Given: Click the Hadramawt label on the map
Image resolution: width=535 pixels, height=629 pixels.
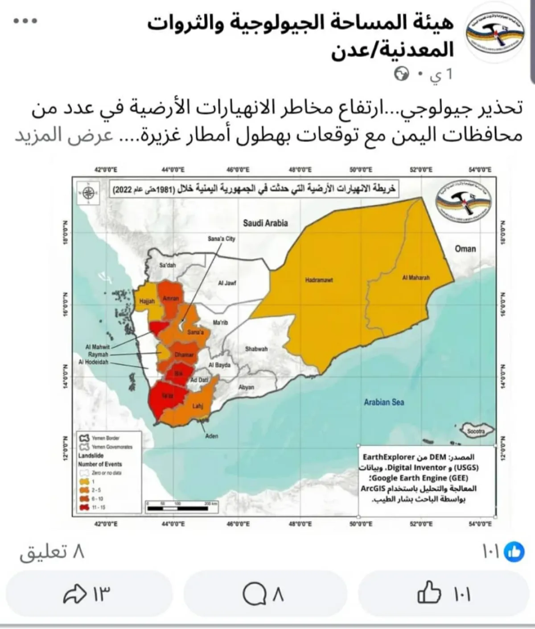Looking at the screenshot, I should tap(319, 280).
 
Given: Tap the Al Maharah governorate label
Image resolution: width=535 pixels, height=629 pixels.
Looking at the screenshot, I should tap(416, 277).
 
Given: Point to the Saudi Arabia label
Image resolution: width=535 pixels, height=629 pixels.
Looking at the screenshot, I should tap(265, 223).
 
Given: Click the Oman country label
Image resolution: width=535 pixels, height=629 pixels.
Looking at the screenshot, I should tap(465, 249).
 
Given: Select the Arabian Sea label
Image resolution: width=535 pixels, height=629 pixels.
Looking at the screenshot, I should tap(384, 402).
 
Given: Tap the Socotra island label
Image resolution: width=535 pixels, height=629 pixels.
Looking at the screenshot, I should tap(476, 431).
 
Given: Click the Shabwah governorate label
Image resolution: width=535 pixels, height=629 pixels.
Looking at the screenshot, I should tap(256, 349).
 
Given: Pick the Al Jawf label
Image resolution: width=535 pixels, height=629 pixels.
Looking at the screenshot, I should tap(227, 283).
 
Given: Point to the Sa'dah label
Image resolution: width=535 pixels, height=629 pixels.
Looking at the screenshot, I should tap(168, 265).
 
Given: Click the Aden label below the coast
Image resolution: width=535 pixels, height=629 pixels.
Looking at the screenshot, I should tap(211, 436).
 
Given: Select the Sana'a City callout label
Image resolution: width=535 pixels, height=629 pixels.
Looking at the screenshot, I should tap(222, 239).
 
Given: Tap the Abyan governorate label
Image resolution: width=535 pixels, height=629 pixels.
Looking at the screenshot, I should tap(246, 387).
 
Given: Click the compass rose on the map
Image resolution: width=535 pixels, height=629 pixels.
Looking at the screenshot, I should tap(88, 193).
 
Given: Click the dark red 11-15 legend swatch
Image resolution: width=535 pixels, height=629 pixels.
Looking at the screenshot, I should tap(84, 507).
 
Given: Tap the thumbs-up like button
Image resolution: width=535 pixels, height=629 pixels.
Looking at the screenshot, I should tap(429, 593).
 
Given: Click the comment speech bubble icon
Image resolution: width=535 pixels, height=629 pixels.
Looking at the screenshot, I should tap(254, 594).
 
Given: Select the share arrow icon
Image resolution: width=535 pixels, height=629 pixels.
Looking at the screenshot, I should tap(74, 594).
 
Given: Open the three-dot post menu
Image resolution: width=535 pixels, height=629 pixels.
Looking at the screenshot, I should tap(25, 21).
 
